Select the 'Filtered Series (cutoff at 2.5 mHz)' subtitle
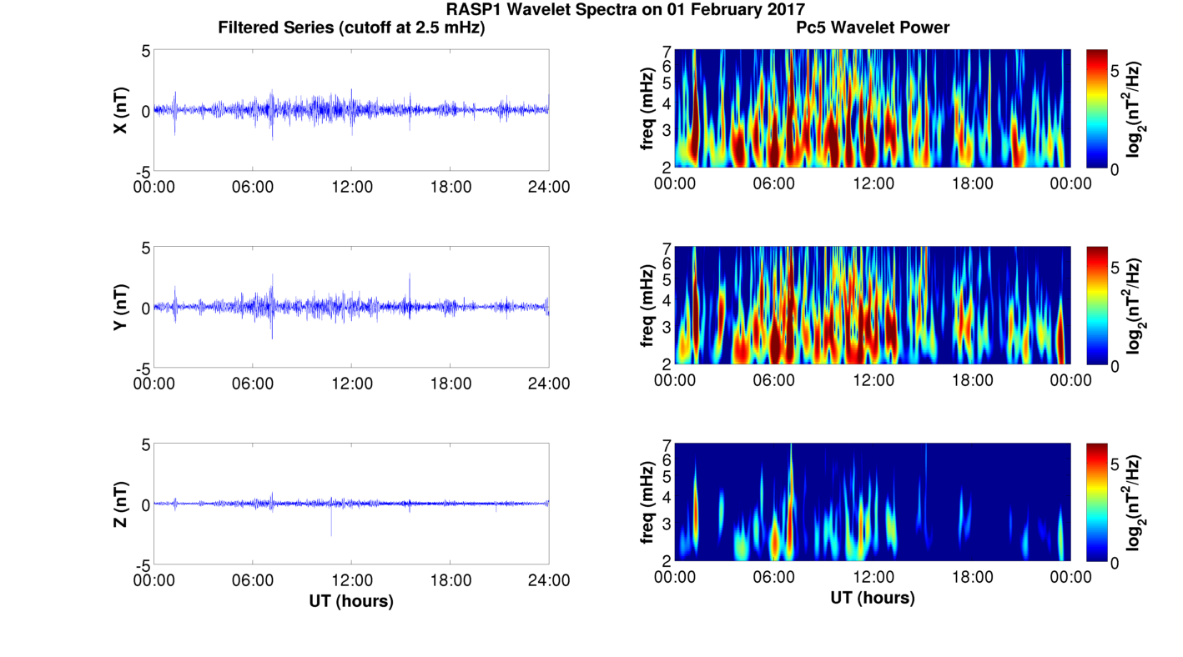(x=351, y=28)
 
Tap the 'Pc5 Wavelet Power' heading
(x=873, y=28)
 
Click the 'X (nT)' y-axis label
(x=122, y=111)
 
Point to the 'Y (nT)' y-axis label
(x=122, y=308)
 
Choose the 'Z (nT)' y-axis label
(x=122, y=504)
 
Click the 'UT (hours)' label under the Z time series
(x=351, y=600)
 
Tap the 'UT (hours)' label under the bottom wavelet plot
(x=873, y=598)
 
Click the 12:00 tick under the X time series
(x=351, y=187)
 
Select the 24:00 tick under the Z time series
(x=549, y=580)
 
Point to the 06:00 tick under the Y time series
(x=253, y=384)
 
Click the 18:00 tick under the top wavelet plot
(x=972, y=183)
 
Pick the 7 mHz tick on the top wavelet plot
(x=667, y=52)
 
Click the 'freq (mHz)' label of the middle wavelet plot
(x=647, y=306)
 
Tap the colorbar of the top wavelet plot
(x=1097, y=108)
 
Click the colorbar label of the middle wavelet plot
(x=1134, y=306)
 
